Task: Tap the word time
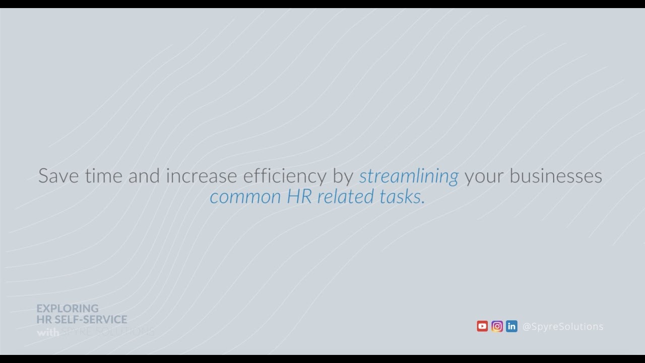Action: point(104,176)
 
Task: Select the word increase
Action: point(202,176)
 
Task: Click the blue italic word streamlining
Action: point(409,176)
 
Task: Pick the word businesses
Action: point(556,176)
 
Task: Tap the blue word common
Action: point(245,197)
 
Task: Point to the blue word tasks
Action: point(403,197)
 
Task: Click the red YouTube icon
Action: point(482,326)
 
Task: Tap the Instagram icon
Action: point(497,326)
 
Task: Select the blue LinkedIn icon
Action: point(511,326)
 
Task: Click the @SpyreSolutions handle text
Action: point(563,327)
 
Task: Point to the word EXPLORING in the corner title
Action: point(68,308)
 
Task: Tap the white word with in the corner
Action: point(47,332)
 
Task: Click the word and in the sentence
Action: point(144,176)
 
